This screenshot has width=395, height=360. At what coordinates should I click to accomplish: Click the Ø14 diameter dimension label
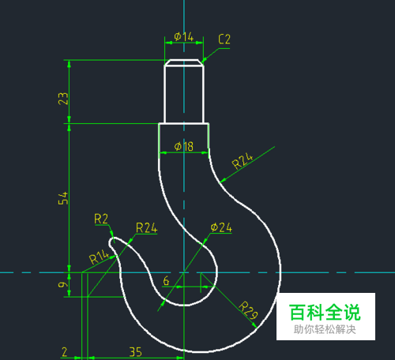point(184,37)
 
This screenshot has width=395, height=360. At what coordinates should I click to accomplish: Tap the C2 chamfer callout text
point(224,39)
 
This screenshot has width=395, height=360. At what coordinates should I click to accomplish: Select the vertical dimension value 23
point(63,99)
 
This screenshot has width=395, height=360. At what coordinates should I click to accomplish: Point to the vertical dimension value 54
point(63,198)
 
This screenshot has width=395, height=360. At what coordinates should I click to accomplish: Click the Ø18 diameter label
point(184,147)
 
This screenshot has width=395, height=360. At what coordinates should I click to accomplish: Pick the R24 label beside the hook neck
point(243,161)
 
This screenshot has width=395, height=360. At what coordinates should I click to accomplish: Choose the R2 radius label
point(101,219)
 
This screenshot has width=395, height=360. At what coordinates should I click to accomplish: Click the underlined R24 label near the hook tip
point(146,228)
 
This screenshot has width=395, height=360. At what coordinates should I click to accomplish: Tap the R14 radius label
point(99,257)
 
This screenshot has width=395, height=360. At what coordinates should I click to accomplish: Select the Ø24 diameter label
point(221,227)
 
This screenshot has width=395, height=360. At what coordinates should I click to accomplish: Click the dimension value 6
point(166,281)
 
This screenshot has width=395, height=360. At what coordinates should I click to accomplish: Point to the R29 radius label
point(248,310)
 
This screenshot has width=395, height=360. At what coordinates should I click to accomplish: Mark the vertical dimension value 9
point(63,285)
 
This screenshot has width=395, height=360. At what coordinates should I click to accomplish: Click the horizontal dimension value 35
point(136,352)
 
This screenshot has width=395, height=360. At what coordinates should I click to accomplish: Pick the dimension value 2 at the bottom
point(65,352)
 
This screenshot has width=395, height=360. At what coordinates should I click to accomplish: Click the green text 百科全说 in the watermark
point(325,313)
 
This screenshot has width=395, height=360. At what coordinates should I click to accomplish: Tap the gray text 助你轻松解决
point(325,329)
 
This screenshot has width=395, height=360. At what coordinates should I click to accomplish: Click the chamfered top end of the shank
point(184,62)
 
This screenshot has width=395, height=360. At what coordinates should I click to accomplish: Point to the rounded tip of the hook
point(111,242)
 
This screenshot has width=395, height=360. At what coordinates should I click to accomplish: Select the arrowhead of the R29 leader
point(254,326)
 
